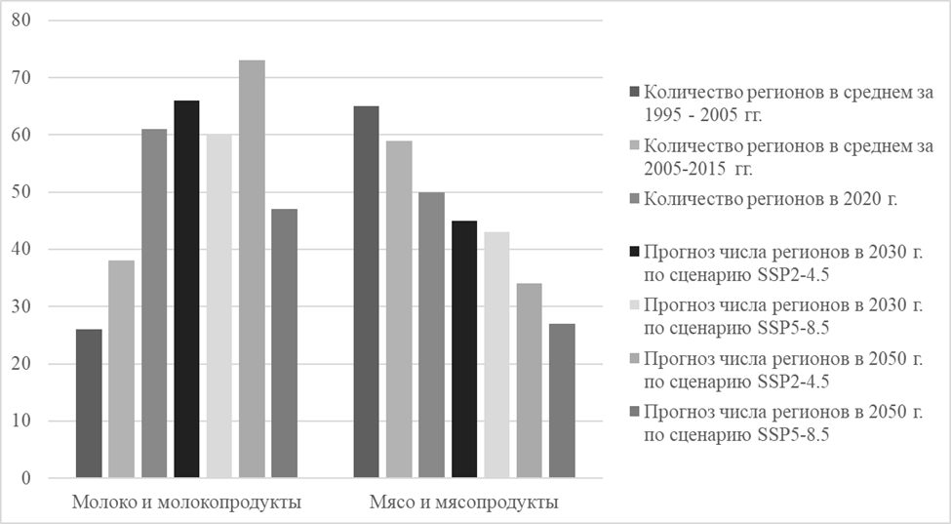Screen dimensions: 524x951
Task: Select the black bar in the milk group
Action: pyautogui.click(x=186, y=290)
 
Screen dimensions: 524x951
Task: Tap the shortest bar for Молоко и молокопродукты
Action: pyautogui.click(x=89, y=404)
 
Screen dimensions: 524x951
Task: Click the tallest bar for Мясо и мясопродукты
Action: pyautogui.click(x=366, y=293)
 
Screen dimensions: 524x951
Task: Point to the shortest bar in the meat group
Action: pyautogui.click(x=563, y=401)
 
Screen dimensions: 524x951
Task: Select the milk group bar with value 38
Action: pyautogui.click(x=121, y=370)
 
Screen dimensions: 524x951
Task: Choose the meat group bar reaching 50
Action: pyautogui.click(x=431, y=336)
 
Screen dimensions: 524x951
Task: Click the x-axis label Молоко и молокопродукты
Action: pyautogui.click(x=186, y=503)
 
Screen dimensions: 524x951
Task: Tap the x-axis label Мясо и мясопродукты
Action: pyautogui.click(x=464, y=503)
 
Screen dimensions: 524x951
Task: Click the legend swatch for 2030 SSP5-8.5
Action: pyautogui.click(x=634, y=310)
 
